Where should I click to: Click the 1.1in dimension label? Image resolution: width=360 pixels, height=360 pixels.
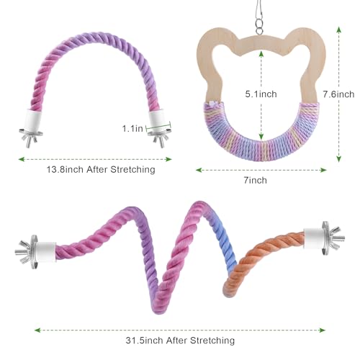[x=132, y=129]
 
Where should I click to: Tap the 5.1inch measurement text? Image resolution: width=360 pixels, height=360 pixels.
[x=261, y=94]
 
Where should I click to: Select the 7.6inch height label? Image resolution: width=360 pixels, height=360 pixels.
[x=338, y=94]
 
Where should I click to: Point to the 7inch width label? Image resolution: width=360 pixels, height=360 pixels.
[x=255, y=180]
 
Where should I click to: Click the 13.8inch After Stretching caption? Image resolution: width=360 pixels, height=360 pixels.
[x=101, y=169]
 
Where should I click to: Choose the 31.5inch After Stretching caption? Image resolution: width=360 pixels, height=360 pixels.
[x=180, y=340]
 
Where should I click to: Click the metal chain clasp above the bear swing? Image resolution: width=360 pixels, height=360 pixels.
[x=259, y=17]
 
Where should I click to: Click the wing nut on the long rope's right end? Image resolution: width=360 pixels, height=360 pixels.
[x=336, y=238]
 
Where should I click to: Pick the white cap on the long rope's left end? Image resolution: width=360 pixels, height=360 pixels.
[x=45, y=251]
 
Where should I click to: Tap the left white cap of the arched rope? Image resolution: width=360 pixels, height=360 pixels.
[x=33, y=120]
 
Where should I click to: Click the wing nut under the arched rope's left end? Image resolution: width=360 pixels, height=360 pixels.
[x=30, y=139]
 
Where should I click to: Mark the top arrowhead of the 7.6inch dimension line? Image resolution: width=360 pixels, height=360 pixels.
[x=338, y=30]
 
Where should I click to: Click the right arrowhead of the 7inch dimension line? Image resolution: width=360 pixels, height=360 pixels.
[x=323, y=170]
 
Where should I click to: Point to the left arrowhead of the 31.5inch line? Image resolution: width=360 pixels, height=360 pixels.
[x=37, y=330]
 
